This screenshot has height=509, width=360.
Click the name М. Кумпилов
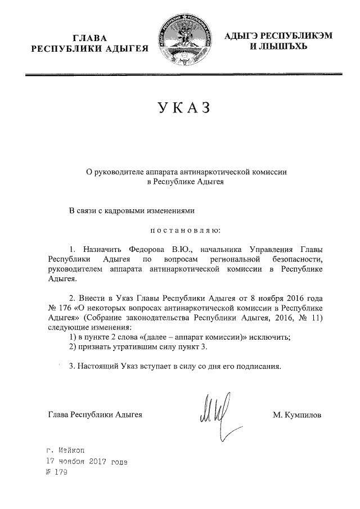[x=297, y=415]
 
